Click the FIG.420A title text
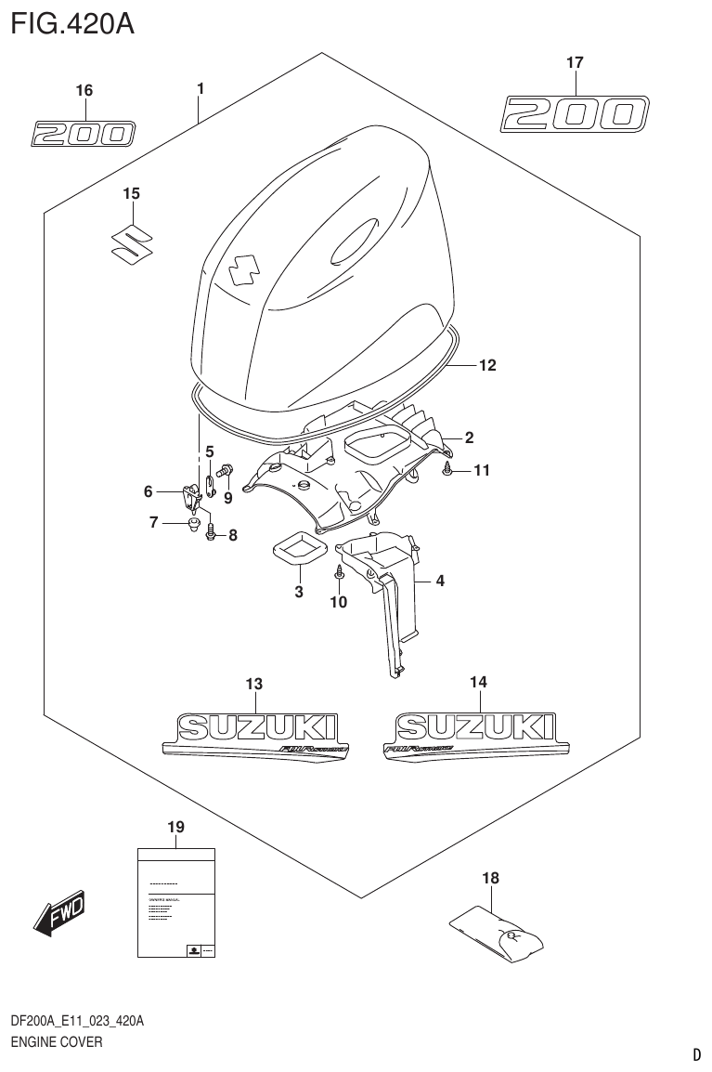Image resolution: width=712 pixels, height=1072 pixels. [71, 22]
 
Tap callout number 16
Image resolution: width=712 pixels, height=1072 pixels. [84, 90]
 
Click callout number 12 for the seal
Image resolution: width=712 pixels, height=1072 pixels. [487, 365]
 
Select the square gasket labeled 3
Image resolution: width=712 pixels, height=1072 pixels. [297, 549]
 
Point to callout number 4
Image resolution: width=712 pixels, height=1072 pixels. [440, 582]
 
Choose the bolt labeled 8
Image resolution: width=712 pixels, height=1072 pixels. [212, 533]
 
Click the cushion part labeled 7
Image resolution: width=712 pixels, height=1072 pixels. [194, 526]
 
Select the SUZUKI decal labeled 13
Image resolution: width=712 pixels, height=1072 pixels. [255, 736]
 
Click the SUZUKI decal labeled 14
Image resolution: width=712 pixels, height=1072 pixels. [476, 734]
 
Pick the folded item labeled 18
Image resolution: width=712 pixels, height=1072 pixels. [499, 935]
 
